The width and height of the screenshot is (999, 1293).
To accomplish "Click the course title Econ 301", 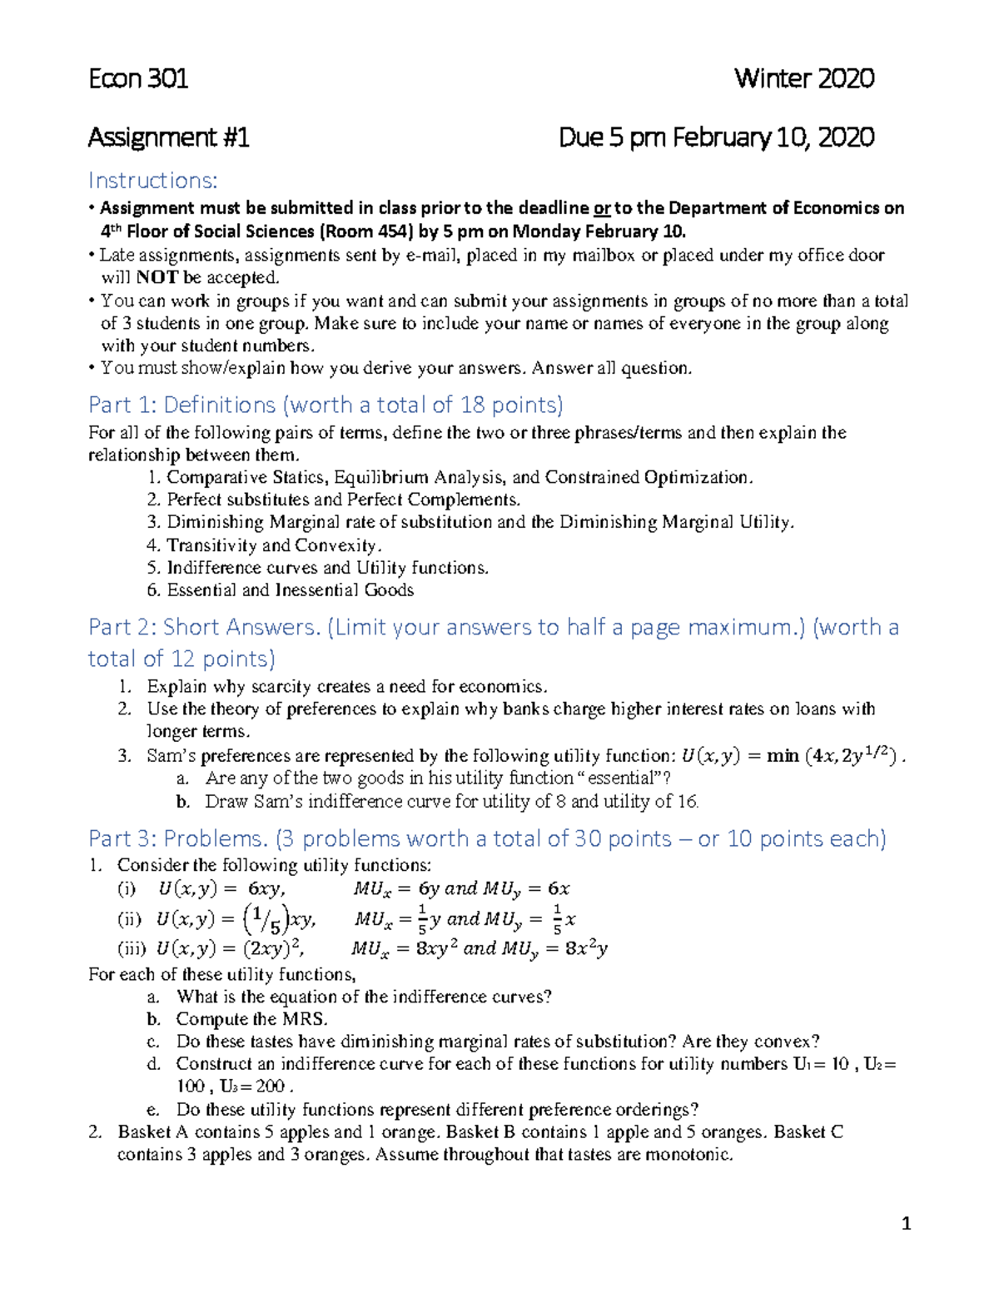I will pos(138,79).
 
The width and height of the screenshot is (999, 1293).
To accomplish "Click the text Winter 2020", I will pos(803,79).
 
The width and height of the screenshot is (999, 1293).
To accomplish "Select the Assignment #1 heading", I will pos(168,137).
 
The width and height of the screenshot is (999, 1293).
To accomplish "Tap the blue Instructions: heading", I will pos(153,181).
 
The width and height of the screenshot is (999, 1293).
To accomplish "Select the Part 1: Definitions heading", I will pos(326,405).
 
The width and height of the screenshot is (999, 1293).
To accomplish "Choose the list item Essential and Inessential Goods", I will pos(290,590).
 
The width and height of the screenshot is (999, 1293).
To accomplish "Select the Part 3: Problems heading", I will pos(487,838).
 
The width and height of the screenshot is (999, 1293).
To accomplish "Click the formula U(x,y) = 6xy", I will pos(221,889).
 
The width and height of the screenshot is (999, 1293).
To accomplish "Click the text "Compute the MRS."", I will pos(251,1019).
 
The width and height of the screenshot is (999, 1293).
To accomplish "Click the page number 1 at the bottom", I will pos(907,1224).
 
